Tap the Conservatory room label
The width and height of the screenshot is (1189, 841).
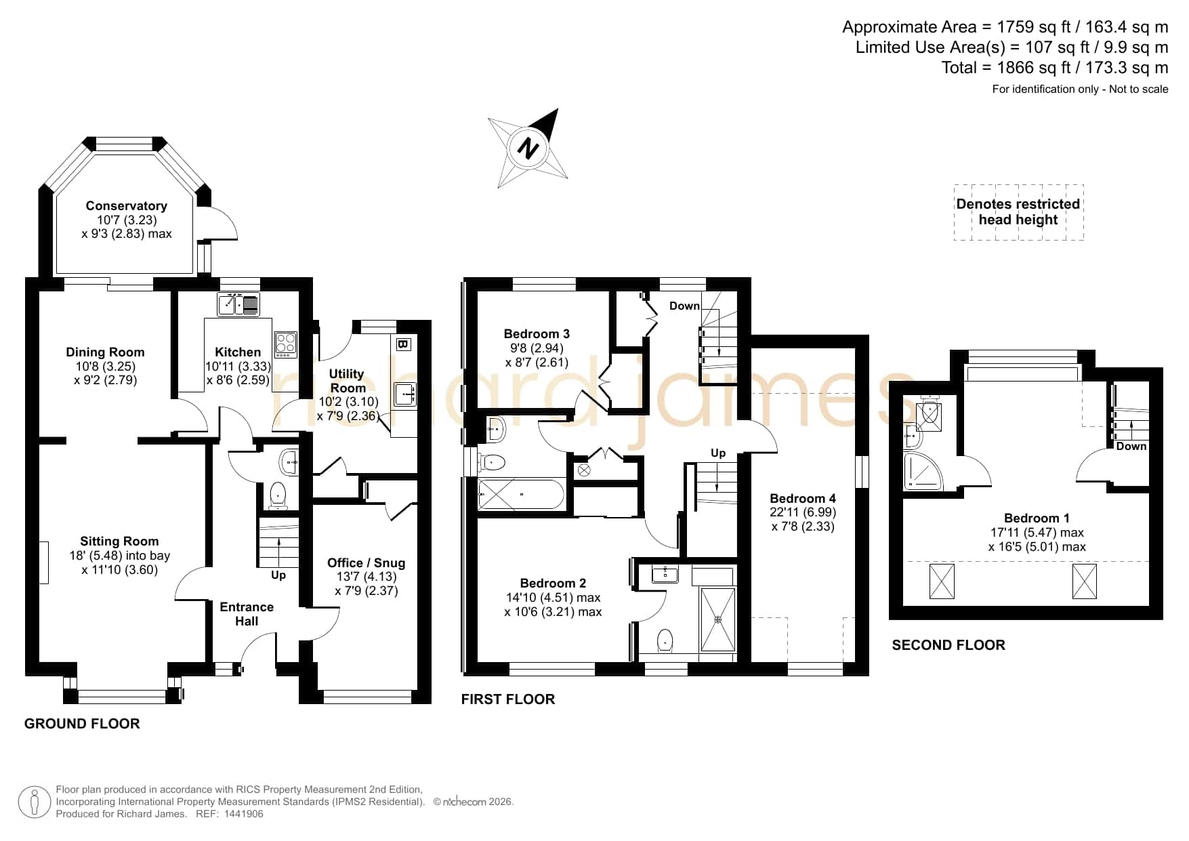[x=126, y=206]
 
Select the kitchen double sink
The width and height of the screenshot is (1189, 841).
[x=238, y=304]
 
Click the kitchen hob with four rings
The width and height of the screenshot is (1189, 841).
[x=286, y=345]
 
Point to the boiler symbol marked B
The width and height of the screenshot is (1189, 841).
[x=402, y=344]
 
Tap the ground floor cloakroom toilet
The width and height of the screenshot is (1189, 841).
[x=278, y=495]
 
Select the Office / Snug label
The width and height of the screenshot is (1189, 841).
[x=366, y=562]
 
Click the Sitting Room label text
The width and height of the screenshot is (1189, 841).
[x=119, y=541]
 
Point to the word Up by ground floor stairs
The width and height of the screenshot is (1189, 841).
[x=278, y=575]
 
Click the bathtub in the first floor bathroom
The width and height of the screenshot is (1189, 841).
[x=521, y=495]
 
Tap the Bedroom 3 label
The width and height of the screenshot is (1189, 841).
[x=537, y=333]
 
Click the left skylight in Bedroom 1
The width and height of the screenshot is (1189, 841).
[x=942, y=581]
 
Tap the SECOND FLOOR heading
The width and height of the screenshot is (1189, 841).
[x=948, y=645]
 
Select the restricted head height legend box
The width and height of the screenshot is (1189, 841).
[x=1018, y=212]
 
